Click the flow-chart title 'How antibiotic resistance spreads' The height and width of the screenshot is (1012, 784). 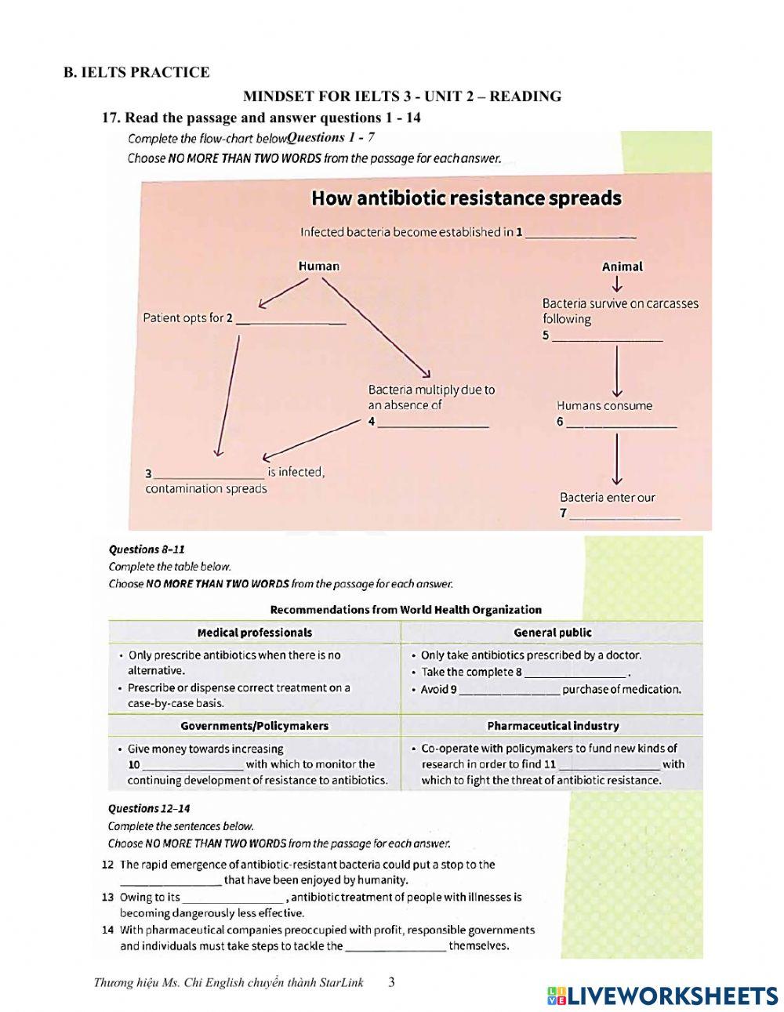coord(466,198)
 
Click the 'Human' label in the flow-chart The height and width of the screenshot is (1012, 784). coord(318,267)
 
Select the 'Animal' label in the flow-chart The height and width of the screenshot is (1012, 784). coord(622,267)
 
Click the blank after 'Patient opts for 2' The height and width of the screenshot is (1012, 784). coord(291,321)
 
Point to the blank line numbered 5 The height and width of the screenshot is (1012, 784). coord(608,338)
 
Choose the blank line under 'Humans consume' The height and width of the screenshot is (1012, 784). coord(621,424)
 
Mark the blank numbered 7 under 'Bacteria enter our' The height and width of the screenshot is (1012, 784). coord(625,516)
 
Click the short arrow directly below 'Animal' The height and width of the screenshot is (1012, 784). coord(618,284)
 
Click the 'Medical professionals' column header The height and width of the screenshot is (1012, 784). coord(254,633)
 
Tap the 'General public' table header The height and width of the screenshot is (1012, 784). coord(552,633)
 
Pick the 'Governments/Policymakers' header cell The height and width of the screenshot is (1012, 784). coord(254,726)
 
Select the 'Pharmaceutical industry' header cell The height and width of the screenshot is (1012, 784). coord(552,726)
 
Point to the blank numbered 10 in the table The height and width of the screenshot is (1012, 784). coord(194,766)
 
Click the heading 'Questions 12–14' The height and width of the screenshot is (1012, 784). coord(149,808)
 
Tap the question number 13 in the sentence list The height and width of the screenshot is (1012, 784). coord(108,897)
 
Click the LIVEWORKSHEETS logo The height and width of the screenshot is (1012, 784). coord(662,995)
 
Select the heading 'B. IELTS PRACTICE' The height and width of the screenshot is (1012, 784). coord(136,73)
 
